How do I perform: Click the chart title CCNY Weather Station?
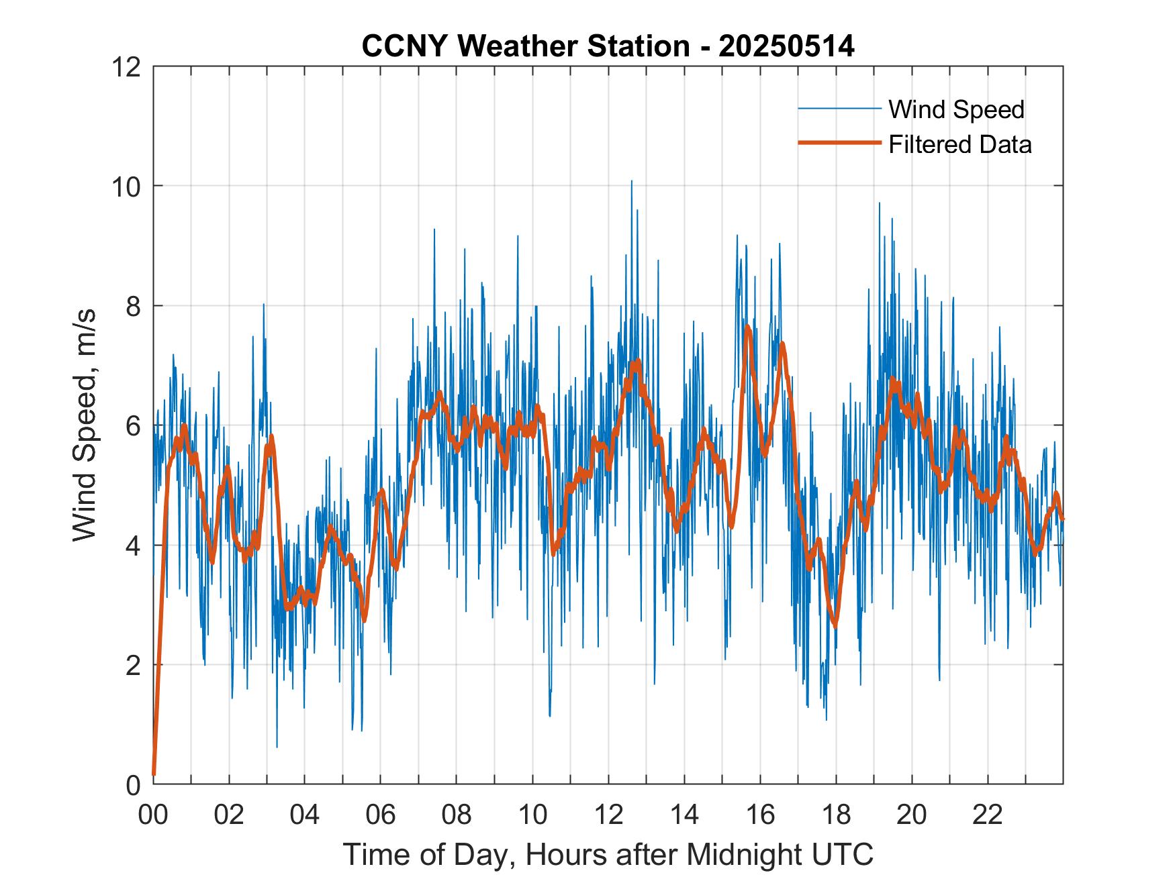[608, 46]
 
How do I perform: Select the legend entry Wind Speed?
[956, 109]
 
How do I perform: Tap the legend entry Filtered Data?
[959, 144]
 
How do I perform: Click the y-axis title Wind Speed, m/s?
[85, 425]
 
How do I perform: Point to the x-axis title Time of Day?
[608, 854]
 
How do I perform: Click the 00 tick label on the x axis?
[154, 815]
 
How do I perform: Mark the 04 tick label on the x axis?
[305, 815]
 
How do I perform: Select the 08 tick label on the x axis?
[457, 815]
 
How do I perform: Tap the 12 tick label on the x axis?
[608, 815]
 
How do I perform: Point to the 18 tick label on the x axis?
[836, 815]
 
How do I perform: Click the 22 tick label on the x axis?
[988, 815]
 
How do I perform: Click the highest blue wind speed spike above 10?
[631, 181]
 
